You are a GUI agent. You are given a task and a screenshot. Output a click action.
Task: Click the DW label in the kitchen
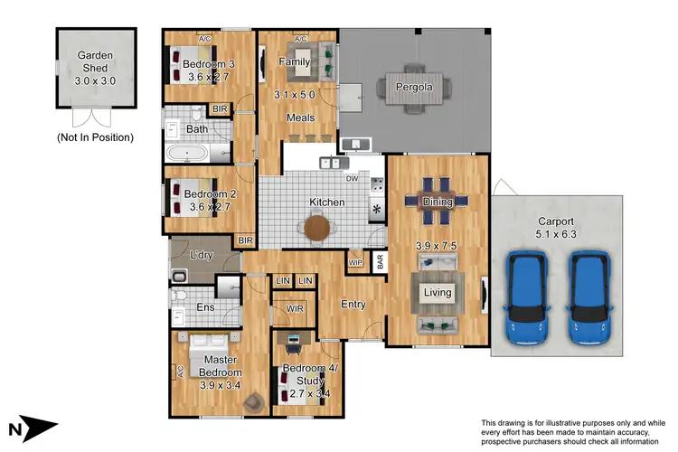click(352, 179)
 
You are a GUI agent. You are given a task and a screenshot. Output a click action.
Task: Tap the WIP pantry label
click(355, 262)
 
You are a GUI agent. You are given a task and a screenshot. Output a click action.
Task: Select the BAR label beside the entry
click(381, 265)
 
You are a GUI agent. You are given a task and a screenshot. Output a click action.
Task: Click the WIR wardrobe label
click(294, 309)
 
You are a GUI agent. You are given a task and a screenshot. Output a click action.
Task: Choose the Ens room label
click(205, 308)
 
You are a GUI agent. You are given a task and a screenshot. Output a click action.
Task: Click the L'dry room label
click(201, 256)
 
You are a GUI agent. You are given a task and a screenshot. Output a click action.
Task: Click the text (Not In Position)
click(95, 137)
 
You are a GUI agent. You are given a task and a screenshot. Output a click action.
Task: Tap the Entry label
click(353, 305)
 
